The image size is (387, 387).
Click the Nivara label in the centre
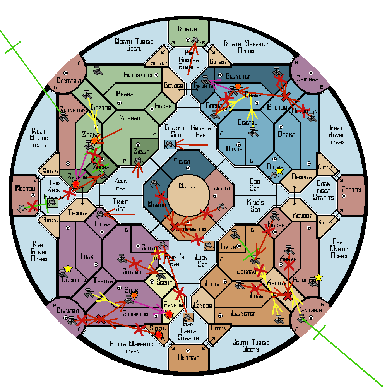tap(188, 186)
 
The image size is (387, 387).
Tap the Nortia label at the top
tap(188, 29)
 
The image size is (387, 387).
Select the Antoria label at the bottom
tap(188, 358)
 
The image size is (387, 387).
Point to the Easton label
tap(352, 190)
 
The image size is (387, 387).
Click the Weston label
tap(25, 188)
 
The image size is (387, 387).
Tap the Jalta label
tap(222, 188)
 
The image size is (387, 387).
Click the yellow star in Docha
tap(279, 171)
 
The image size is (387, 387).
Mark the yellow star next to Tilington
tap(68, 268)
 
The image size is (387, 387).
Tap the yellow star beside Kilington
tap(318, 277)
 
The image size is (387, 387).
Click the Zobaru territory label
tap(130, 118)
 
